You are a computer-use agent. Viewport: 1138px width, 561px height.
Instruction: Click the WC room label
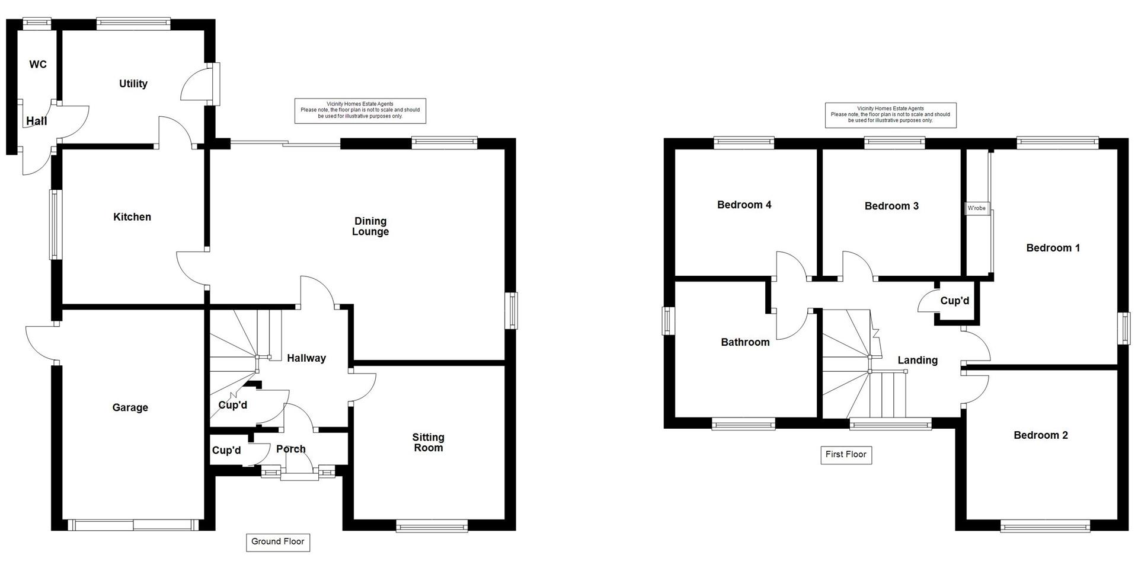coord(38,64)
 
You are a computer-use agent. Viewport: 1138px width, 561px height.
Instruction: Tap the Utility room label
coord(133,84)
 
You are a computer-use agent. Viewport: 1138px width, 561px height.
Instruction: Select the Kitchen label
coord(132,217)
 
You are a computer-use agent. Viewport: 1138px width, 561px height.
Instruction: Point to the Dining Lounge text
coord(370,227)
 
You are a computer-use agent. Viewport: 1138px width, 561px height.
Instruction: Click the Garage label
coord(130,407)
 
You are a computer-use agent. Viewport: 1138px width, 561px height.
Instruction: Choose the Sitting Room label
coord(428,442)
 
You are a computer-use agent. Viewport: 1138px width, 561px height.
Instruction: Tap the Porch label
coord(291,449)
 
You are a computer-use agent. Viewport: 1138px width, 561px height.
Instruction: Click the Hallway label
coord(306,358)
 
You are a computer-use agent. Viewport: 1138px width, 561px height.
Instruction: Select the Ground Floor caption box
coord(278,541)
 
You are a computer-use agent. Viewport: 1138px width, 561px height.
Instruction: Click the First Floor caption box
coord(846,455)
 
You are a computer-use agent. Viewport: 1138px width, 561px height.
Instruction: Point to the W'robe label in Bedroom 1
coord(977,208)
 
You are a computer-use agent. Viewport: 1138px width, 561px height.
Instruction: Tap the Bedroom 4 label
coord(744,205)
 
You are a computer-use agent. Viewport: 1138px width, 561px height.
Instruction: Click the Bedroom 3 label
coord(891,206)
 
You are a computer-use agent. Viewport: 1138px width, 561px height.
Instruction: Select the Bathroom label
coord(745,342)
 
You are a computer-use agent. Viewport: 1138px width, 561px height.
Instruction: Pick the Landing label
coord(918,360)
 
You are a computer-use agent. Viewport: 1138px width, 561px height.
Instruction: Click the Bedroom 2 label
coord(1041,435)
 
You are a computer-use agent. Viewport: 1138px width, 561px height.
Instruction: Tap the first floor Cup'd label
coord(954,301)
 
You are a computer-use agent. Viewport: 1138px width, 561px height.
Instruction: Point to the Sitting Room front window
coord(431,525)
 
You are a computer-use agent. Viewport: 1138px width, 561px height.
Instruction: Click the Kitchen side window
coord(55,224)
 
